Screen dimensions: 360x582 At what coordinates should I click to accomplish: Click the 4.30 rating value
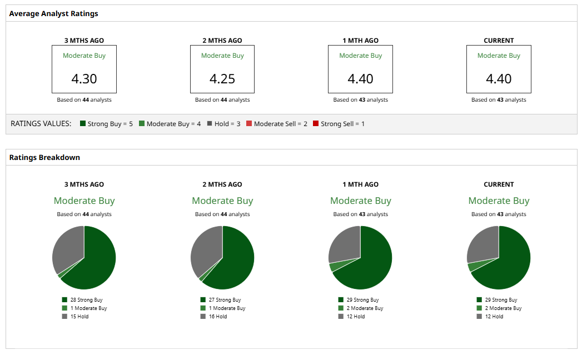(x=84, y=79)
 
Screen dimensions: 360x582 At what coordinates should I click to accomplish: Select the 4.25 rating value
(x=222, y=79)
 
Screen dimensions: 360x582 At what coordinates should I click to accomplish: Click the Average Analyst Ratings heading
(x=53, y=13)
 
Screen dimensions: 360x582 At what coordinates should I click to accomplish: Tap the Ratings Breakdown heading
(x=44, y=157)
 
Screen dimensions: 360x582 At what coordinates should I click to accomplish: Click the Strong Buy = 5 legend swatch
(x=83, y=123)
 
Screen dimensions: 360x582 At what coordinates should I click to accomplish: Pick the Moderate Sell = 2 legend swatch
(x=249, y=123)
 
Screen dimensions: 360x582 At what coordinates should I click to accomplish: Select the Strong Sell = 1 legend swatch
(x=316, y=123)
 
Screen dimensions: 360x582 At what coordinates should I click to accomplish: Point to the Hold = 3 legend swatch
(x=210, y=123)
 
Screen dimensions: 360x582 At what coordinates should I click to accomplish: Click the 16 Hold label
(x=218, y=317)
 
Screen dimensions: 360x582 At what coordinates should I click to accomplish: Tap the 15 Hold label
(x=79, y=317)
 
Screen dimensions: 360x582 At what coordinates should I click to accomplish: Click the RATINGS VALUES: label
(x=41, y=123)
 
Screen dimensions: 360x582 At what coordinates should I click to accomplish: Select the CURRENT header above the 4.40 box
(x=499, y=41)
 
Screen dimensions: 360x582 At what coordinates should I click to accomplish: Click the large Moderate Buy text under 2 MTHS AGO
(x=222, y=201)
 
